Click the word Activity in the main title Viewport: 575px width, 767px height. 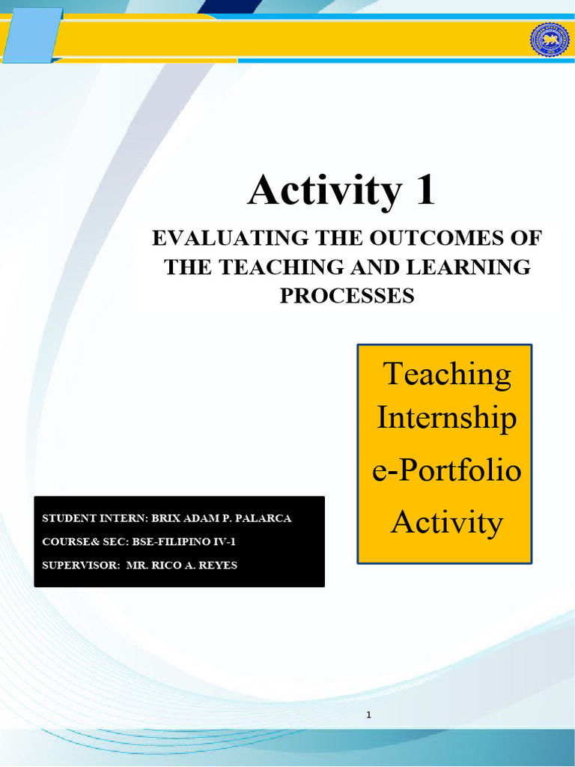tap(324, 190)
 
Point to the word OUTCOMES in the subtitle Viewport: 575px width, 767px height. tap(436, 238)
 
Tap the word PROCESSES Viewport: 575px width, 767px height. tap(347, 295)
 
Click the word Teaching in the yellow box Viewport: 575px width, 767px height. tap(447, 374)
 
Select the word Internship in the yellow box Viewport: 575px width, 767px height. tap(446, 417)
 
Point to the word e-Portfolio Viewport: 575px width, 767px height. tap(446, 472)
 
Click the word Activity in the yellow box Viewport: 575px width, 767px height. tap(446, 521)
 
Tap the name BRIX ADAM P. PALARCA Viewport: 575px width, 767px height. tap(222, 518)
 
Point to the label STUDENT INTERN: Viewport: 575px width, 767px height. tap(95, 518)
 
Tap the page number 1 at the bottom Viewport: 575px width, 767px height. tap(369, 715)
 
